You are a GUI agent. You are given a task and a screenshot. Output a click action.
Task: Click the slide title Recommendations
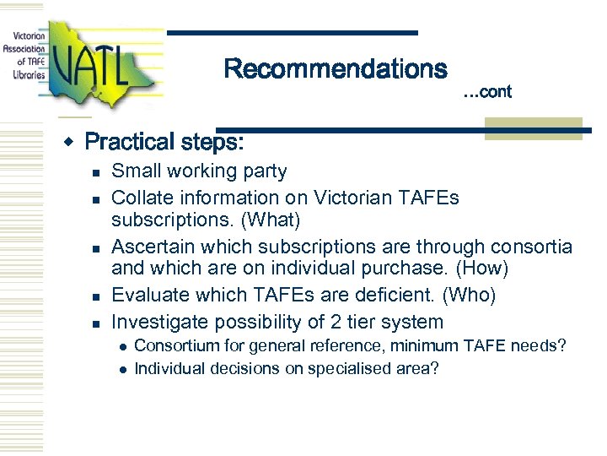[335, 69]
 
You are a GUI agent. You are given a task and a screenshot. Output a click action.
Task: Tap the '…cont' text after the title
[487, 92]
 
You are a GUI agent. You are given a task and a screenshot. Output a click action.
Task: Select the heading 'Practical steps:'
[164, 142]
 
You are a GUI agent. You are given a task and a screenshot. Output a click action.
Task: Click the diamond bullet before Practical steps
[73, 140]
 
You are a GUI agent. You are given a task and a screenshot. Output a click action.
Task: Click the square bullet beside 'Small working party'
[96, 172]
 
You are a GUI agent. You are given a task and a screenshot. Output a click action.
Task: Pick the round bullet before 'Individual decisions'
[122, 369]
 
